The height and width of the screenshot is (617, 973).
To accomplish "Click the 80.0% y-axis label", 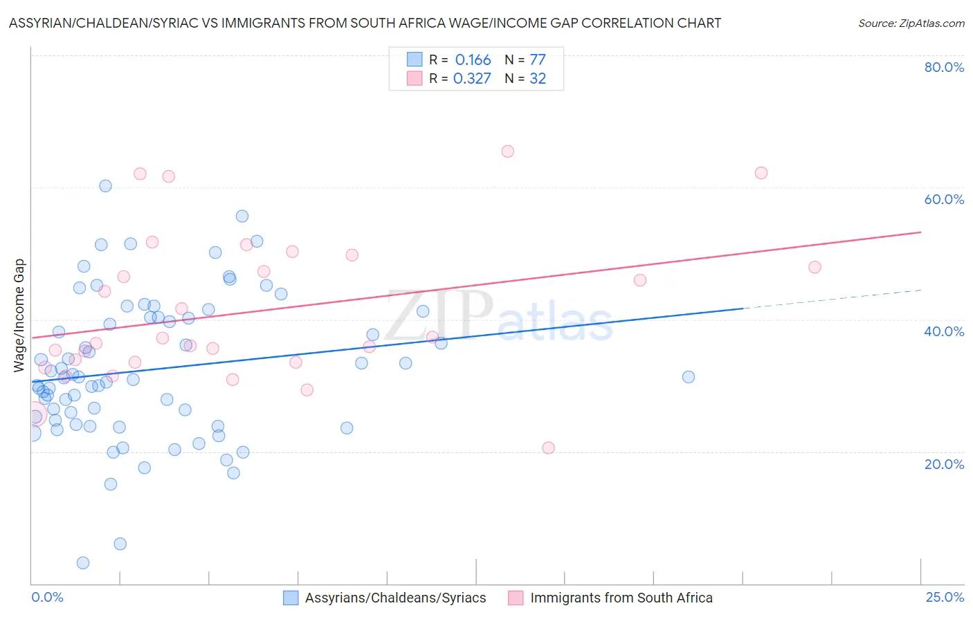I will (944, 67).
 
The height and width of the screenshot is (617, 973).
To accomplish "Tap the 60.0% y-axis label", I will (944, 199).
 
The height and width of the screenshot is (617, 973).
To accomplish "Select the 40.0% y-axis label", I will (944, 331).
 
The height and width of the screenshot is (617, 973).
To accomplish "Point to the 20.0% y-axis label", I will (944, 464).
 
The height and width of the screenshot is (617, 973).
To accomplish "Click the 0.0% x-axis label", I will (47, 598).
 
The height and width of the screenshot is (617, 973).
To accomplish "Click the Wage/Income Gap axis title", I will (19, 315).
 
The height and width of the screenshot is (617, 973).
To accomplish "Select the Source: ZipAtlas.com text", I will (911, 24).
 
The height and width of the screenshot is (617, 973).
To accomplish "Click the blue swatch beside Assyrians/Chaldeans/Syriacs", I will (291, 598).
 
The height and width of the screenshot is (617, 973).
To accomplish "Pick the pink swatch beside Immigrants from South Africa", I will (516, 598).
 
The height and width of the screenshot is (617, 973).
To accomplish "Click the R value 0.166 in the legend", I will (473, 60).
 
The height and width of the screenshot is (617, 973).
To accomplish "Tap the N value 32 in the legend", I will (538, 79).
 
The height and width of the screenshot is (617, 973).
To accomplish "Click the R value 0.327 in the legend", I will (472, 79).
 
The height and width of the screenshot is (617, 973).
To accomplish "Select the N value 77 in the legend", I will (538, 60).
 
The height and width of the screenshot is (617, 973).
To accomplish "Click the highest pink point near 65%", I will (507, 151).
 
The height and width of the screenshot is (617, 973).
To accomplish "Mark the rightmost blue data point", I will (688, 377).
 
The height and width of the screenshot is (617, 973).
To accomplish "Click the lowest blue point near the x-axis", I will (83, 563).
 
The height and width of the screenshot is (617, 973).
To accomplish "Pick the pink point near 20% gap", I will (548, 448).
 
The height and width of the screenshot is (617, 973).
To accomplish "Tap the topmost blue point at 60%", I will (105, 186).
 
